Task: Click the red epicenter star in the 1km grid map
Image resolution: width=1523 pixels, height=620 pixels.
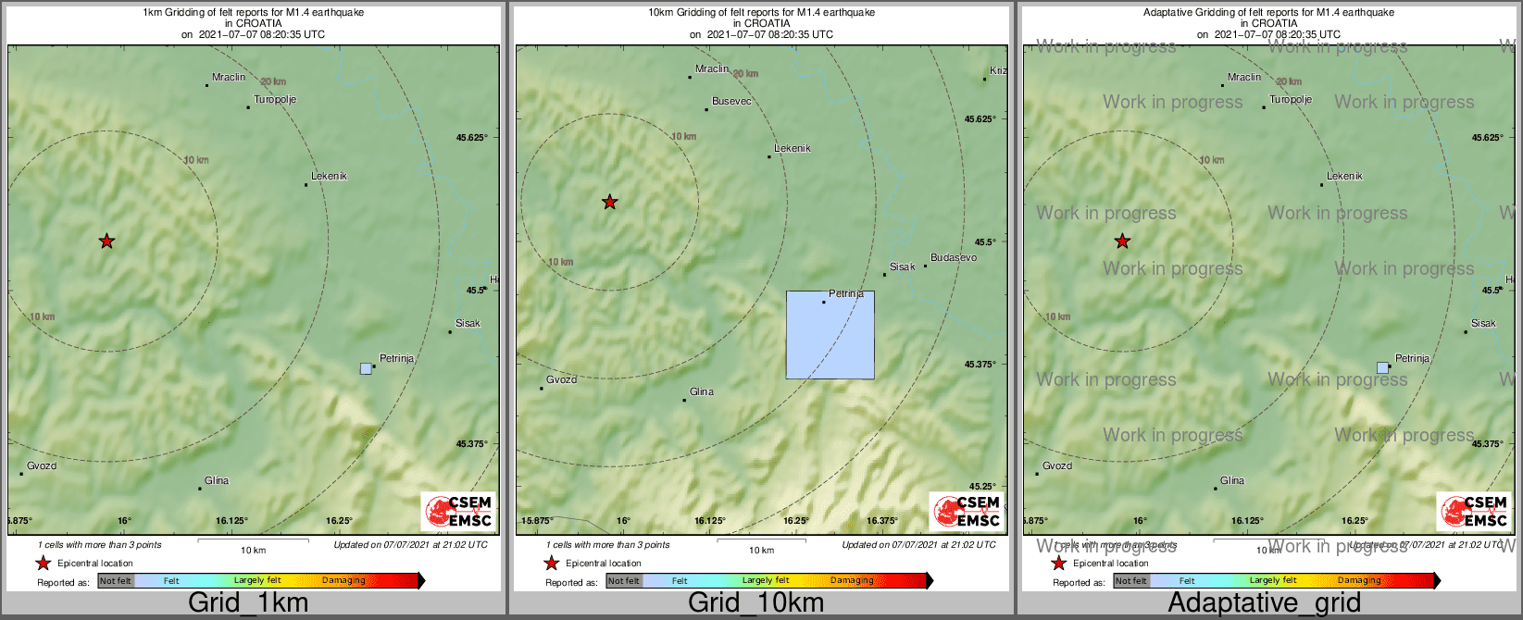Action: [x=107, y=242]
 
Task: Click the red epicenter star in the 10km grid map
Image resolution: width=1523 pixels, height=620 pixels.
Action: [x=610, y=202]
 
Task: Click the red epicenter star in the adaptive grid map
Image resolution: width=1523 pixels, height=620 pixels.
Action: [x=1122, y=242]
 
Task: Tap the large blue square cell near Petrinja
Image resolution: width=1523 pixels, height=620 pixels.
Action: [x=830, y=335]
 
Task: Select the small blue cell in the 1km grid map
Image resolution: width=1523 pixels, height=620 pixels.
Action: [x=366, y=368]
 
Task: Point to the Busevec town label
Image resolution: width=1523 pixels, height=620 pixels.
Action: [x=731, y=102]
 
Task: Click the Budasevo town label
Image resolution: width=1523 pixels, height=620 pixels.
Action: [x=954, y=258]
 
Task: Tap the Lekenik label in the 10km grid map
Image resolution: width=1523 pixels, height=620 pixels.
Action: [x=793, y=149]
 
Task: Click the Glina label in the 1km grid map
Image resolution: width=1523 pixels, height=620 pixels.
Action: [x=217, y=481]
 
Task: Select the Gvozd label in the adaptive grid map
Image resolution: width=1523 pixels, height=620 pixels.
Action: [x=1057, y=466]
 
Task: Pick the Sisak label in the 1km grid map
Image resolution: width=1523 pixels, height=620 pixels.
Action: [x=468, y=324]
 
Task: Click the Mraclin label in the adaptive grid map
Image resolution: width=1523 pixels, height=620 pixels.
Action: [x=1244, y=78]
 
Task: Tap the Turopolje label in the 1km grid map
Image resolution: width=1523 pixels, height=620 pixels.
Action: [x=275, y=100]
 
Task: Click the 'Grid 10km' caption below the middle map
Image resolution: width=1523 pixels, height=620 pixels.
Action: [x=755, y=603]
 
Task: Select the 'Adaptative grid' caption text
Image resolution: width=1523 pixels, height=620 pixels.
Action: [x=1264, y=603]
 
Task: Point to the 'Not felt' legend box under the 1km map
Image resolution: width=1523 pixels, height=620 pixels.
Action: [x=116, y=581]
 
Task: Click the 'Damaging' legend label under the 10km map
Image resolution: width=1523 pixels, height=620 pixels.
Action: [x=852, y=581]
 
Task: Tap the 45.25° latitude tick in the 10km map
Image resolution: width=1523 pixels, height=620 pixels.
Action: [x=981, y=487]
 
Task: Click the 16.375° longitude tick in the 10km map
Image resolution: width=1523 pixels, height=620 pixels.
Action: [x=882, y=521]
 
